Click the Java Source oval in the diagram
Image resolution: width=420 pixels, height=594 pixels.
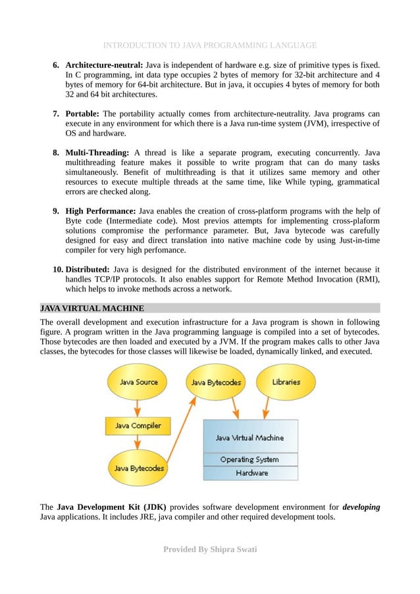point(138,382)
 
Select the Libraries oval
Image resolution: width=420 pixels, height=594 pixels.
point(285,382)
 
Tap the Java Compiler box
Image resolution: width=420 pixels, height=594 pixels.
point(138,426)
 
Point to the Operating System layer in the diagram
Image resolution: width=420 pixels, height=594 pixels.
point(249,459)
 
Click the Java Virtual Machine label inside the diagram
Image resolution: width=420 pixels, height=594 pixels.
point(249,437)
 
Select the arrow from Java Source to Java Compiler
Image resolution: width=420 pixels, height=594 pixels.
point(138,405)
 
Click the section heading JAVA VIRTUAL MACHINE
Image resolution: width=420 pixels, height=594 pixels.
point(92,308)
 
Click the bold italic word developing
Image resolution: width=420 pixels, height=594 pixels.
point(361,507)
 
